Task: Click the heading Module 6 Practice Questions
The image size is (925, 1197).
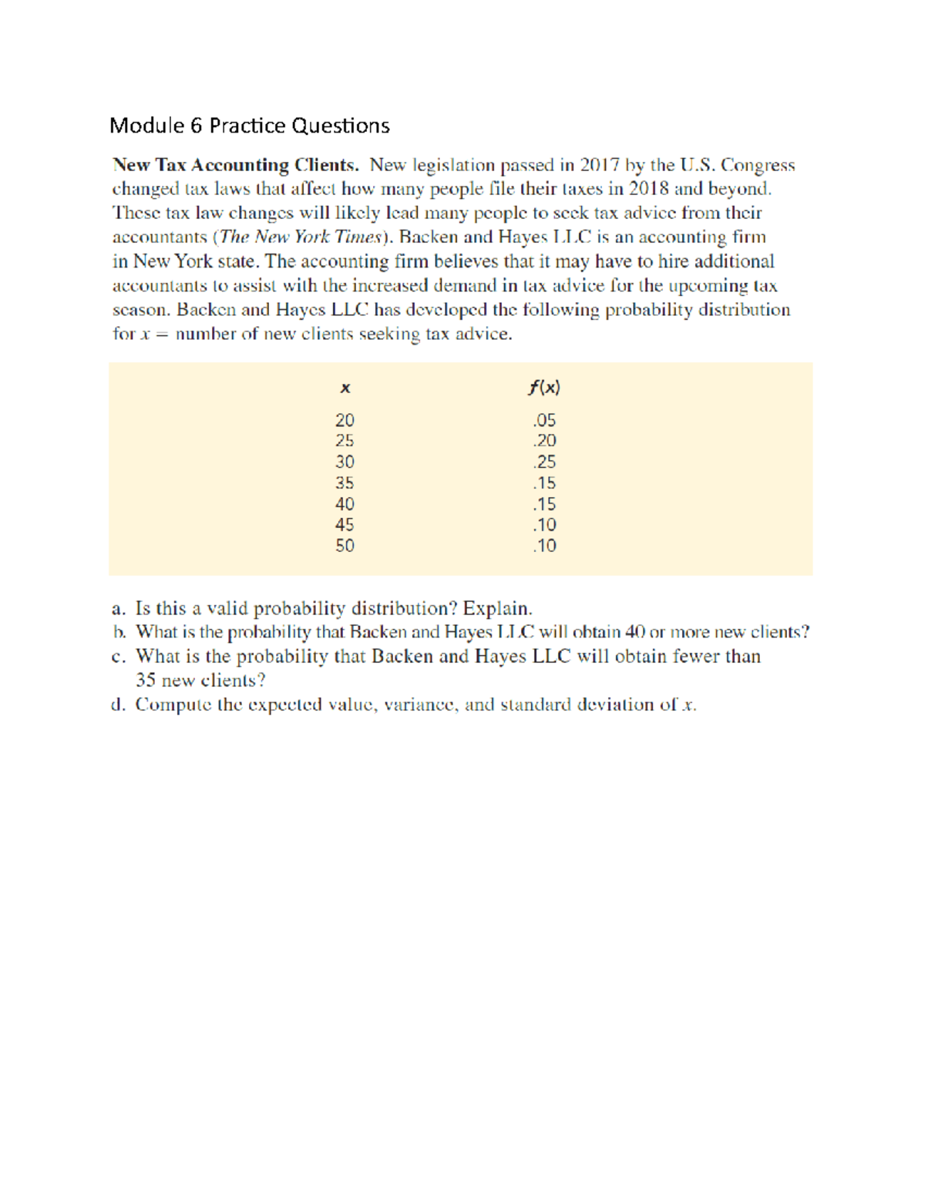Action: (x=250, y=126)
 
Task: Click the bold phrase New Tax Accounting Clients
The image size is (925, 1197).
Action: (x=235, y=165)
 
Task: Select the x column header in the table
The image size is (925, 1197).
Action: (x=345, y=388)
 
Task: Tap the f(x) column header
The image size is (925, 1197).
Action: (x=544, y=387)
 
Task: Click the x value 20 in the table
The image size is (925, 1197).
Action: (x=345, y=420)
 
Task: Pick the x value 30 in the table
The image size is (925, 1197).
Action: (x=345, y=462)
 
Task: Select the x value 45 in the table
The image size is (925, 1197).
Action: (x=345, y=525)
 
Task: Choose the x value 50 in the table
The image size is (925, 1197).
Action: (x=345, y=546)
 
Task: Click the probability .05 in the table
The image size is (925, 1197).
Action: (x=544, y=420)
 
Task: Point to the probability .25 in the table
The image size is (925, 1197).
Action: (x=544, y=462)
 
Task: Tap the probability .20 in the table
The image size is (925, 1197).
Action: (x=544, y=441)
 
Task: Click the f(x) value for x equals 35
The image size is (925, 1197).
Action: (x=544, y=483)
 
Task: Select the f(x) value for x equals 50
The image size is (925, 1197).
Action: (x=544, y=546)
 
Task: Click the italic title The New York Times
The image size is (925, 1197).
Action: (x=301, y=237)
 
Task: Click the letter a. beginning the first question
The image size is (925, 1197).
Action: (x=119, y=609)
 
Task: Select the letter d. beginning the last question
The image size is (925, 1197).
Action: (x=118, y=704)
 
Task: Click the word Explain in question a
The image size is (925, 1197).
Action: (x=496, y=609)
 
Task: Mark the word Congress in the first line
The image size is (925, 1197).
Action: (x=757, y=166)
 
